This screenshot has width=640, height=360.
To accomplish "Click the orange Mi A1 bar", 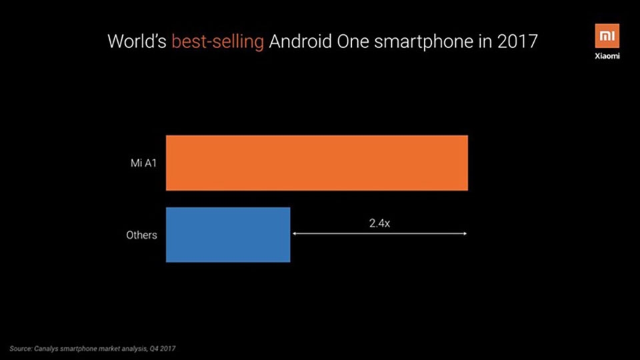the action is pos(317,163).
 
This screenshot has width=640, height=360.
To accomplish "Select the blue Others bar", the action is pos(228,235).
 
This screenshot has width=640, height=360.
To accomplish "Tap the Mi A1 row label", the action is pos(144,163).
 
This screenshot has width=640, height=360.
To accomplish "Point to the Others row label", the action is pos(141,235).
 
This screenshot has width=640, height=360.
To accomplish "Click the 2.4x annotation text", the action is pos(379,223).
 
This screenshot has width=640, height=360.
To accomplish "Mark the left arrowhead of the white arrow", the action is pos(295,233).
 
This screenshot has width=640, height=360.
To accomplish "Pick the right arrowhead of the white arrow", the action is pos(464,233).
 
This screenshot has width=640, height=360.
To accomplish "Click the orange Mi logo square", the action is pos(607,36).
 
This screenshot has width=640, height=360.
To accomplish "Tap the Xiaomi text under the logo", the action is pos(607,56).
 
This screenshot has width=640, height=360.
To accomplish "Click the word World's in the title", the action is pos(137,41).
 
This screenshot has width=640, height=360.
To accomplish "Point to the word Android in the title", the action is pos(300,41).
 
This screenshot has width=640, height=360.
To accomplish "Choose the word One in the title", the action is pos(353,41).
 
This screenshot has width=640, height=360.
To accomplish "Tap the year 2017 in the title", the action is pos(517,41).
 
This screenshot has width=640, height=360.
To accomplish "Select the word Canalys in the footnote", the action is pos(46,349).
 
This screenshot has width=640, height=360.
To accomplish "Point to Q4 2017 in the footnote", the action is pos(163,349).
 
